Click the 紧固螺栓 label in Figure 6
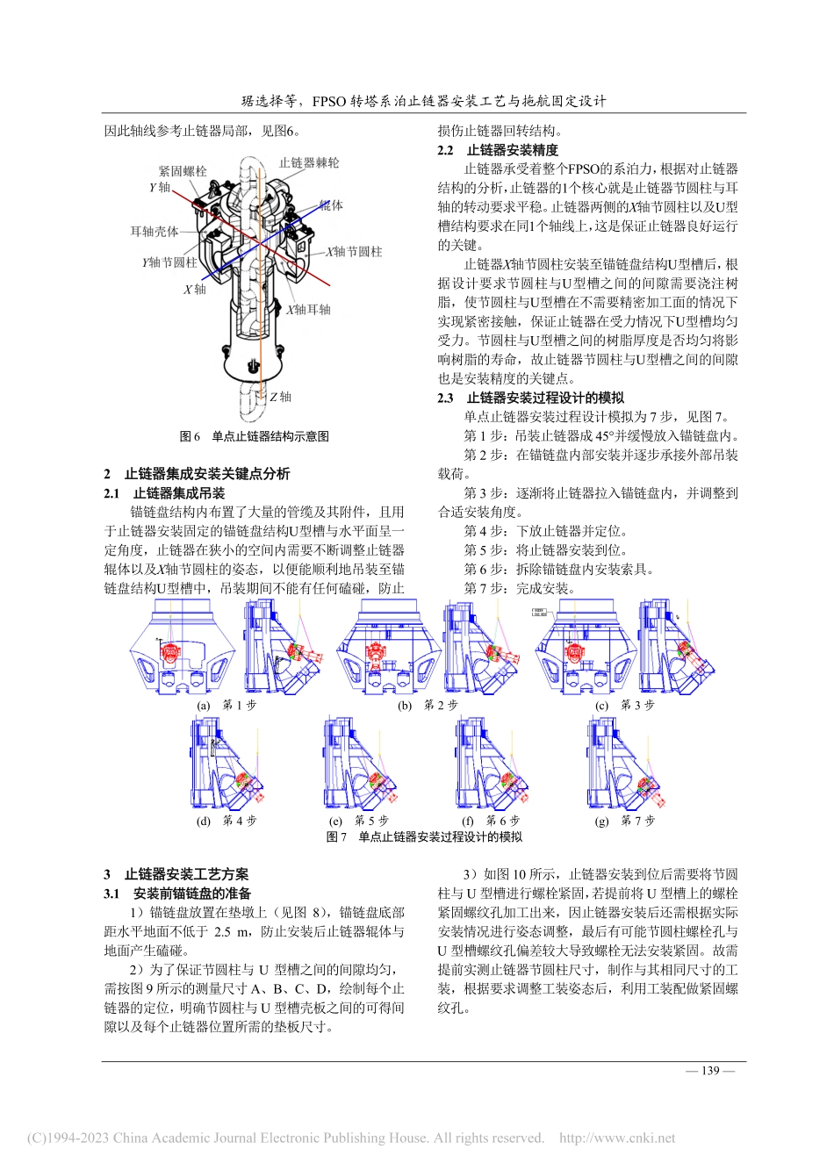(183, 172)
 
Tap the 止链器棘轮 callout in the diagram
(309, 163)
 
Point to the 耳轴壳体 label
(155, 232)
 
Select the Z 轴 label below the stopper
(280, 397)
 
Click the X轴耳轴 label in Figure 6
(308, 310)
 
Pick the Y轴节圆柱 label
(169, 262)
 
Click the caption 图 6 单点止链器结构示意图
(255, 436)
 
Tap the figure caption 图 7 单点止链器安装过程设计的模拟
(424, 837)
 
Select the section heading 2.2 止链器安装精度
(498, 150)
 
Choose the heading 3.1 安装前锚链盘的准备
(177, 894)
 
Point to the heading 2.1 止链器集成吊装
(164, 493)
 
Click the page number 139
(710, 1070)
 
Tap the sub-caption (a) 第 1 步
(226, 705)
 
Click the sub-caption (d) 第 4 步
(226, 821)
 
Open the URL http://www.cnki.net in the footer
(617, 1138)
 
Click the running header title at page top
(424, 101)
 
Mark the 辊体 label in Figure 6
(332, 205)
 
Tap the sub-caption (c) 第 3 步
(625, 705)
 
